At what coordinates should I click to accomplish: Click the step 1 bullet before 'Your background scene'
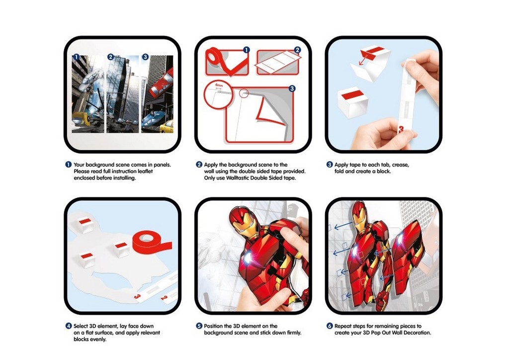point(69,165)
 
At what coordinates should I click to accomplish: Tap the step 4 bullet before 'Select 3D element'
point(69,326)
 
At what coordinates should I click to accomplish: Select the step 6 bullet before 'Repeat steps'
point(330,326)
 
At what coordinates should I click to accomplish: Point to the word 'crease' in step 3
point(400,165)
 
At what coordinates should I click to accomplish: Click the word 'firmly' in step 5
point(294,333)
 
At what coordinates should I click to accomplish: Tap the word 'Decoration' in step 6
point(417,333)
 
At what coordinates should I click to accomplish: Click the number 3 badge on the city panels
point(145,57)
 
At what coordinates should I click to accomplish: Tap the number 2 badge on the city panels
point(110,57)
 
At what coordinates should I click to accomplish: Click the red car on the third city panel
point(162,84)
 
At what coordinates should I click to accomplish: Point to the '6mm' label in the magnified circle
point(218,85)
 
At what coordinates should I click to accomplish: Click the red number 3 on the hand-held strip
point(401,130)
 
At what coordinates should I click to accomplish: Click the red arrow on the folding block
point(363,60)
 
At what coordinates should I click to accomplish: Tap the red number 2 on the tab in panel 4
point(164,298)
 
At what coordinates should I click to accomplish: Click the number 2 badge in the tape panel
point(297,50)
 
